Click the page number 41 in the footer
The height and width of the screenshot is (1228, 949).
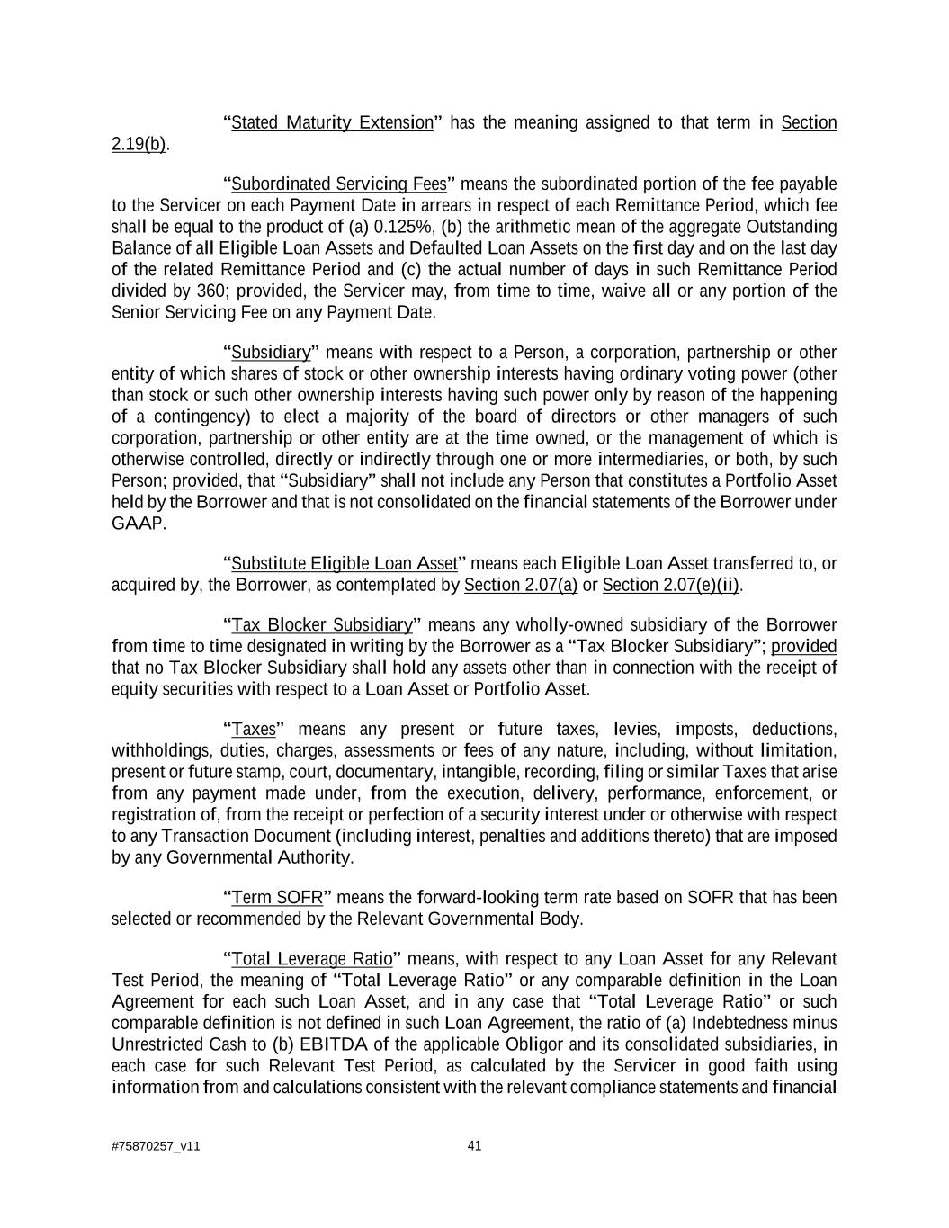(475, 1145)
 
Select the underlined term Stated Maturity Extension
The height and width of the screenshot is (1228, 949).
(332, 122)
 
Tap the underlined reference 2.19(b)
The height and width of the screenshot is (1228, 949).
(139, 144)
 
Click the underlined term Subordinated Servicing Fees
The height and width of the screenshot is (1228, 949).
(339, 184)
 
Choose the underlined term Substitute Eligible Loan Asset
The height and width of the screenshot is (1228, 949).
(345, 564)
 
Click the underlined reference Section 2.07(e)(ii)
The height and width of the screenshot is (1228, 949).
(671, 586)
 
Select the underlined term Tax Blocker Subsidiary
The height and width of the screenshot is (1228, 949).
(322, 625)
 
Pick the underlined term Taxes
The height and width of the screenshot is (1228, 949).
(254, 729)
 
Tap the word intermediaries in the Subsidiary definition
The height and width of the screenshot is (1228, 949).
(649, 460)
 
